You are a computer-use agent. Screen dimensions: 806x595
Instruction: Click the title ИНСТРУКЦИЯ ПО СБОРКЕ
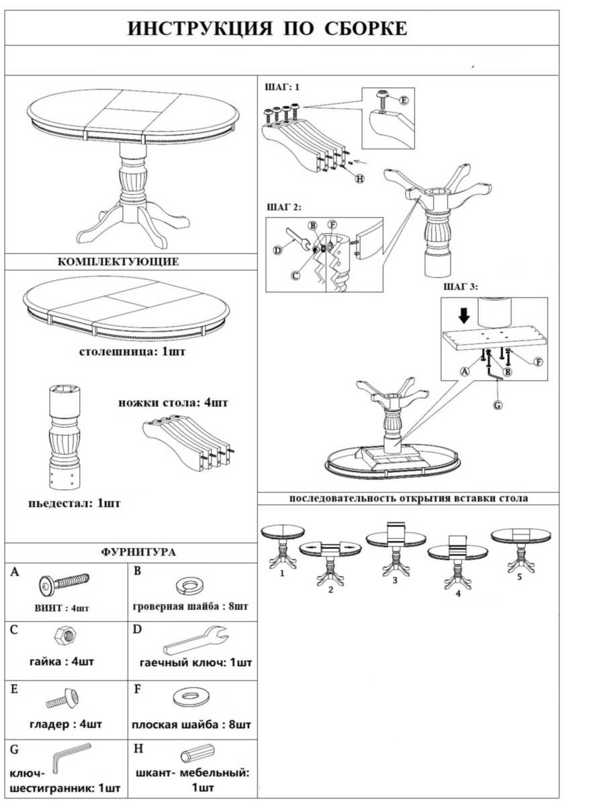267,29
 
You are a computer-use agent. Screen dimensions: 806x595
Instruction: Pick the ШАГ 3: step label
460,287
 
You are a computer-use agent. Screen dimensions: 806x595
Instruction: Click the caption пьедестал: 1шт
75,503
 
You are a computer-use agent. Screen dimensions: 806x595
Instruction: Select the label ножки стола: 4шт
173,403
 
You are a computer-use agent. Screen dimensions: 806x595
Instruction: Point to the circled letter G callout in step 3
498,405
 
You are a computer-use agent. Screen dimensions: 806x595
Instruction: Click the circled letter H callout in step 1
360,179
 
